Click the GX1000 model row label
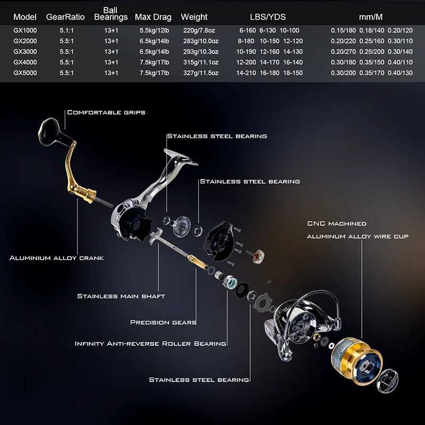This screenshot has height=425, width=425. pyautogui.click(x=25, y=31)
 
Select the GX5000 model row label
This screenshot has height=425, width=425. pyautogui.click(x=25, y=73)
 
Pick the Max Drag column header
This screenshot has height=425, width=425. pyautogui.click(x=152, y=17)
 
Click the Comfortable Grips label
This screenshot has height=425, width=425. pyautogui.click(x=106, y=113)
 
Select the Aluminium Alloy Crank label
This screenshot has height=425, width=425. pyautogui.click(x=56, y=258)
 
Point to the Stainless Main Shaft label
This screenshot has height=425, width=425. pyautogui.click(x=121, y=296)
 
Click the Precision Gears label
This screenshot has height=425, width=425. pyautogui.click(x=163, y=322)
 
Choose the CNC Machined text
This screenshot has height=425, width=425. pyautogui.click(x=337, y=224)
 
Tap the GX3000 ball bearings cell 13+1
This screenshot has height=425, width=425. pyautogui.click(x=111, y=52)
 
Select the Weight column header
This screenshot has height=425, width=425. pyautogui.click(x=194, y=17)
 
